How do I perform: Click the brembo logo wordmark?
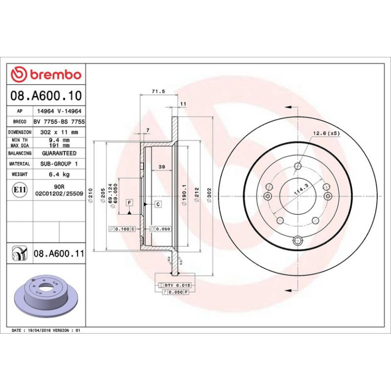tap(56, 75)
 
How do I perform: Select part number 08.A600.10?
tap(46, 96)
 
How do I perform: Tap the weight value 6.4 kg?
tap(59, 174)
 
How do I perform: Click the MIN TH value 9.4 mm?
tap(59, 140)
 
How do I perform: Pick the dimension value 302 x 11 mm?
tap(59, 132)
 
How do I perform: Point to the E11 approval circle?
tap(19, 190)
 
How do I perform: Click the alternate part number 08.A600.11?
tap(59, 253)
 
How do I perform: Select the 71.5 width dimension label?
tap(158, 91)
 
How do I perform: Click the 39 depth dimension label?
tap(162, 167)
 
